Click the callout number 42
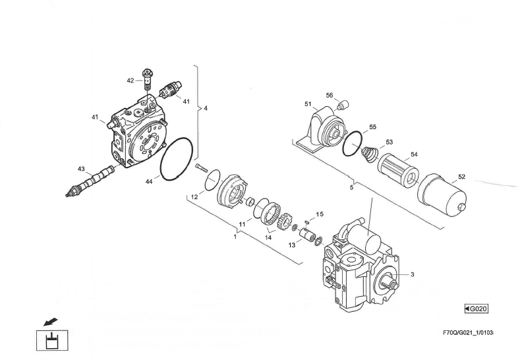130,80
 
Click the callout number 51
307,104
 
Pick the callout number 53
390,142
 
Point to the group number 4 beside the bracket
206,108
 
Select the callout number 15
320,214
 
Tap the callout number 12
194,196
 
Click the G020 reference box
476,309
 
